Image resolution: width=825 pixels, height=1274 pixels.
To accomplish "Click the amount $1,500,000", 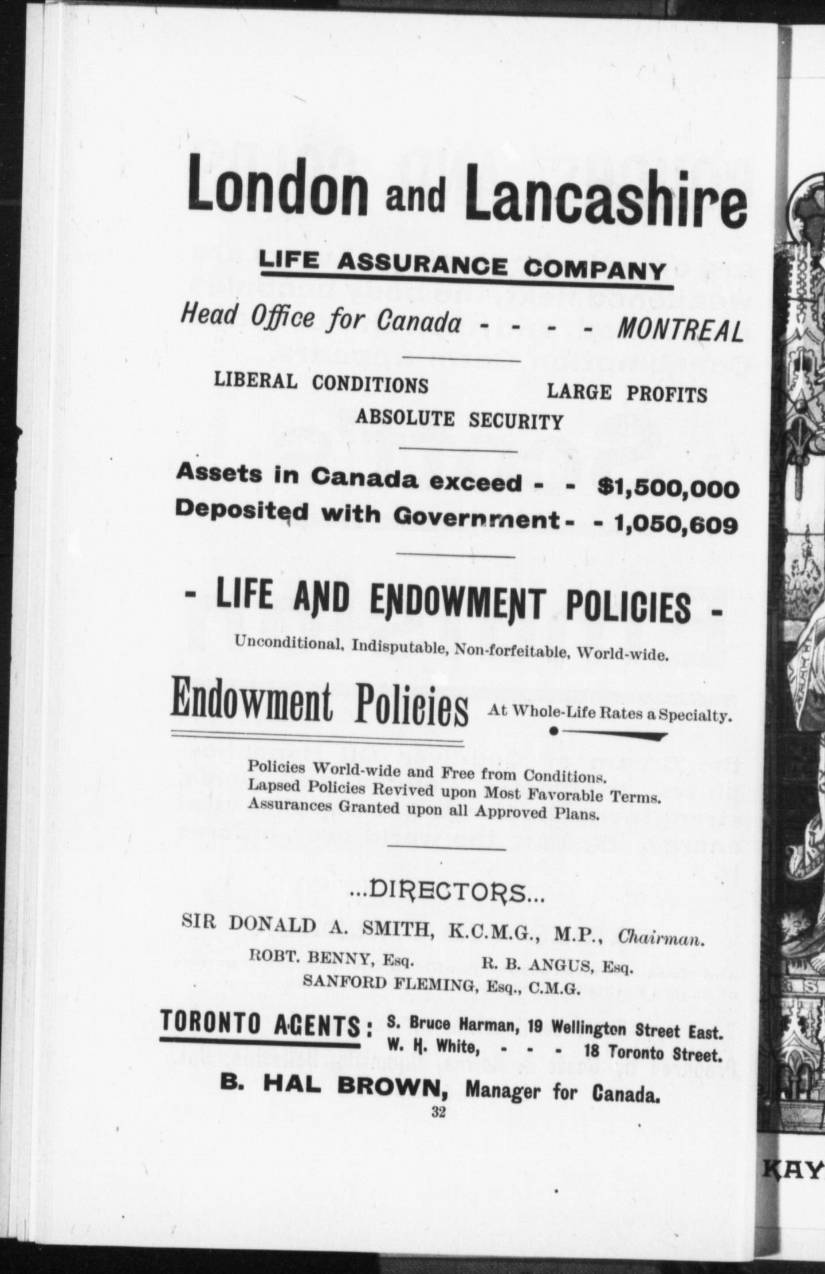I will click(x=667, y=489).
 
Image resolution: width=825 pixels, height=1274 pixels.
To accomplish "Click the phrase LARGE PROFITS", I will click(x=627, y=394).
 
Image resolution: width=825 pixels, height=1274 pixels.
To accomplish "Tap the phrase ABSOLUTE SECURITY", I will click(x=459, y=420).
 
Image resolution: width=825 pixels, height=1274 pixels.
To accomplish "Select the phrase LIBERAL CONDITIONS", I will click(x=321, y=383).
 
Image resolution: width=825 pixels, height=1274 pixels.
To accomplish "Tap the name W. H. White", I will click(x=433, y=1047).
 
